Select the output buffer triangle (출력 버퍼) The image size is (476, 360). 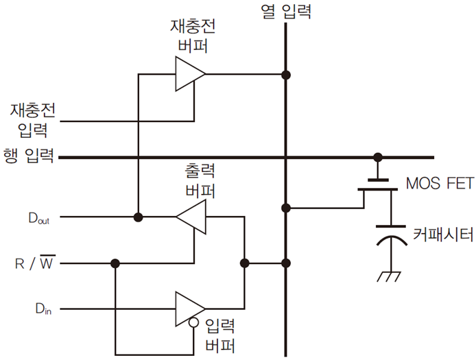point(191,218)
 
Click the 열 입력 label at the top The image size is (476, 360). point(286,12)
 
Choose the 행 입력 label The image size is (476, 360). point(28,158)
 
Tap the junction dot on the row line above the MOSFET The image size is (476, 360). point(377,158)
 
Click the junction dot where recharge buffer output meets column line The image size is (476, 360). point(285,73)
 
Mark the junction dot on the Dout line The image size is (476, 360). point(138,218)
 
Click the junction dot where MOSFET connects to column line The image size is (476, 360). point(285,207)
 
